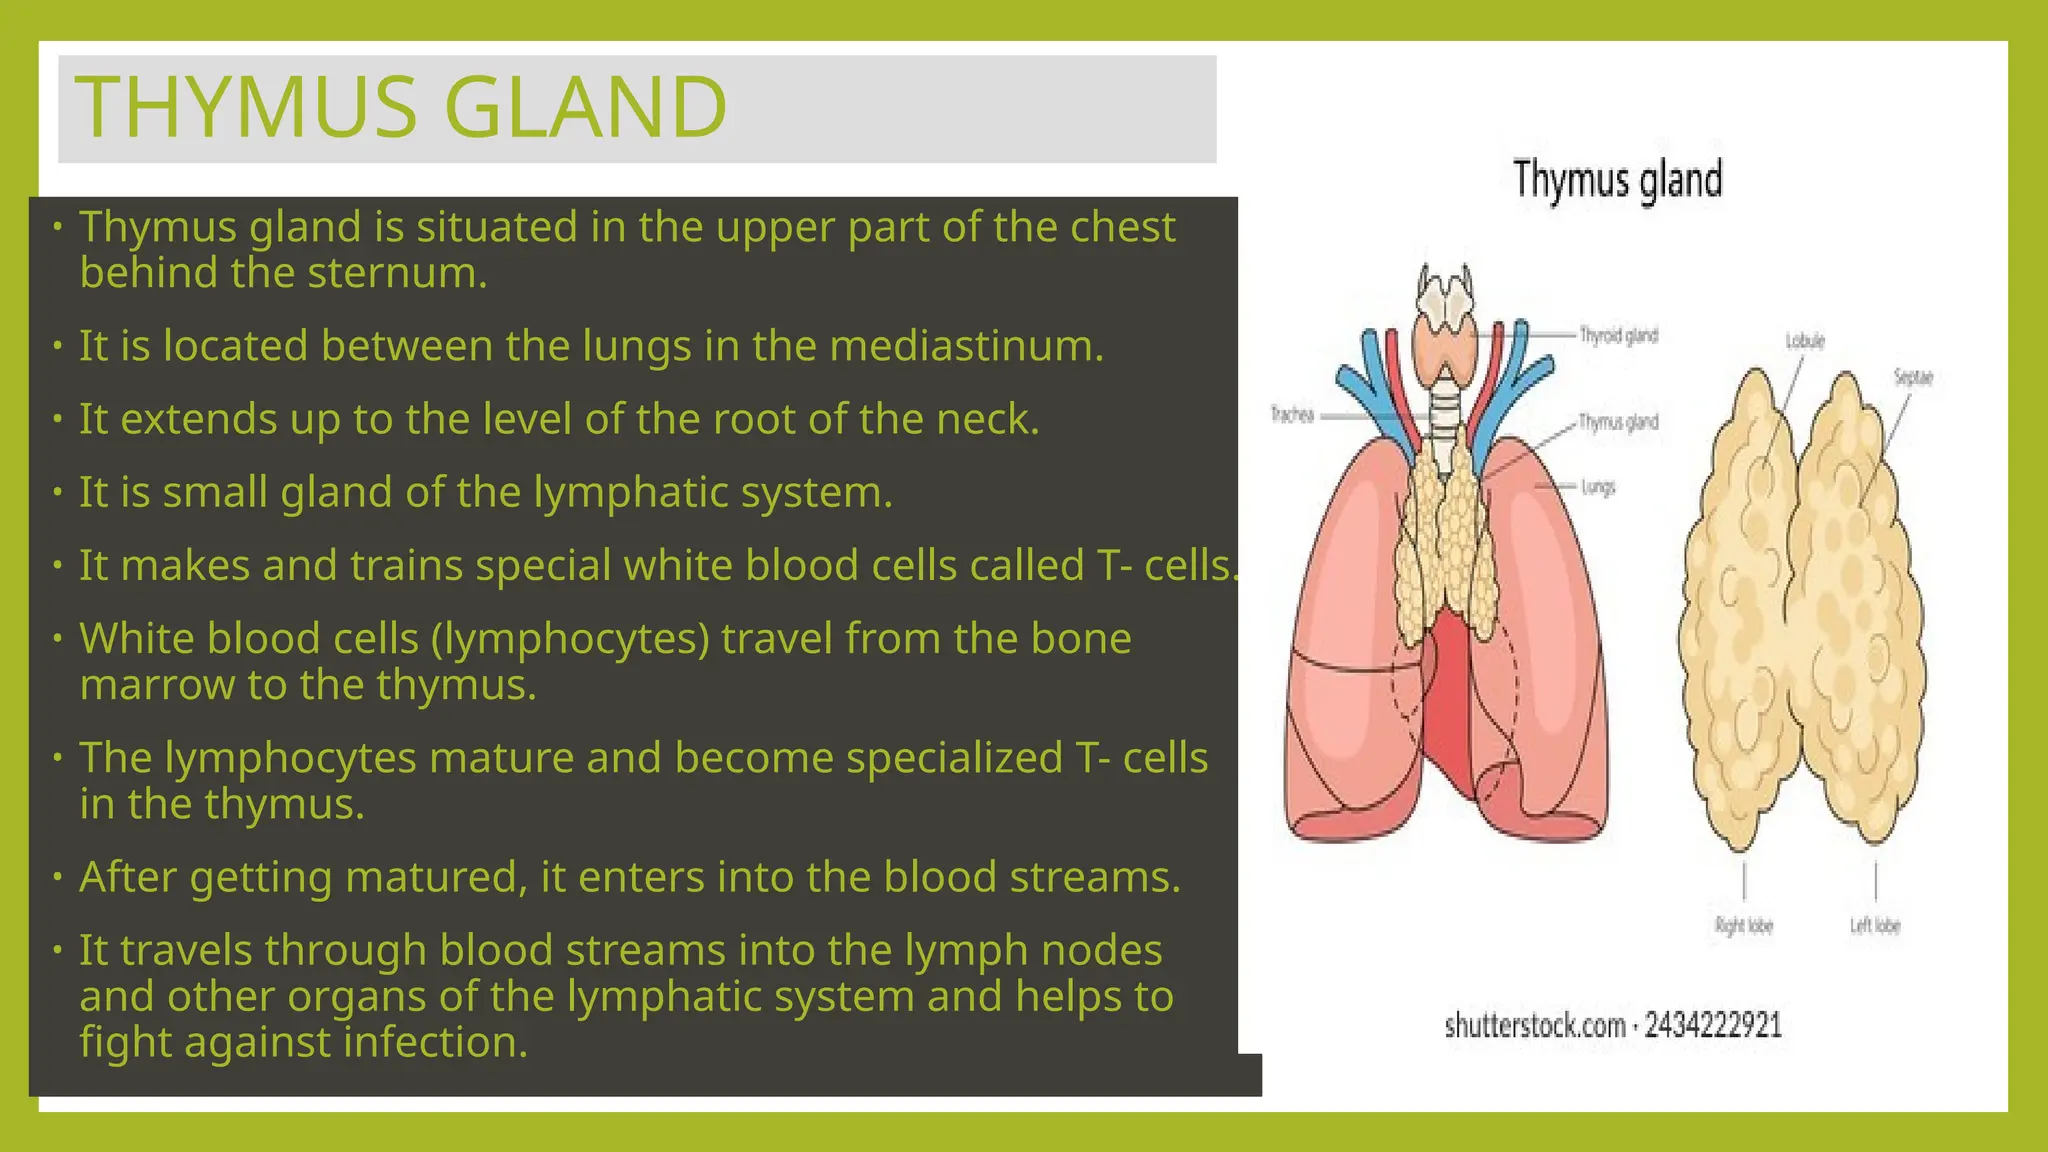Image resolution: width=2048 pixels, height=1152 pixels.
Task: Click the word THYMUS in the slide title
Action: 246,107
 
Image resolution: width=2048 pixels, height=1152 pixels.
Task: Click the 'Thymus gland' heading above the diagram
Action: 1617,180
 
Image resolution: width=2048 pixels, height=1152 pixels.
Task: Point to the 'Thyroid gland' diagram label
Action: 1618,336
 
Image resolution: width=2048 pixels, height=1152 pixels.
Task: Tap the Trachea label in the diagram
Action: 1291,414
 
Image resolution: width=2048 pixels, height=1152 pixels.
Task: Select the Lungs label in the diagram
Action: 1598,487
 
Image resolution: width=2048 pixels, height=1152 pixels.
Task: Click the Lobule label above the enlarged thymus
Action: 1805,341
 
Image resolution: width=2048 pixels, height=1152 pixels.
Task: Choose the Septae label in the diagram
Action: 1912,377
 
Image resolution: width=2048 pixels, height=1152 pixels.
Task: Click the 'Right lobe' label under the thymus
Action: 1744,925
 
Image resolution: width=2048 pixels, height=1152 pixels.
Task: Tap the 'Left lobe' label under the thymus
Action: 1875,925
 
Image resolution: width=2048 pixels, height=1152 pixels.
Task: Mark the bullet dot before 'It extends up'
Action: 58,418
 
